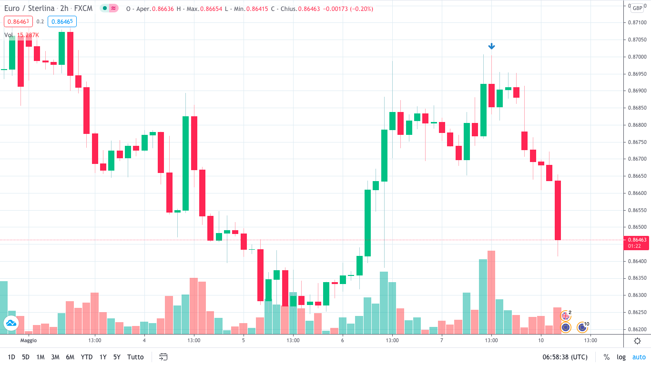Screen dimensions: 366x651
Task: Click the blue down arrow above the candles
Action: [x=491, y=46]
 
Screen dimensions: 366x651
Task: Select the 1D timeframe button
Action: [x=11, y=357]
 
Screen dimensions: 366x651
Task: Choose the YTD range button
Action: [x=87, y=357]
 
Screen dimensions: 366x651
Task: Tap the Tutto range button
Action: [x=135, y=357]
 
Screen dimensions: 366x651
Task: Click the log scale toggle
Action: [x=621, y=357]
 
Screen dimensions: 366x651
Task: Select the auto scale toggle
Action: [x=639, y=357]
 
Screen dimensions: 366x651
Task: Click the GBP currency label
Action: [x=637, y=8]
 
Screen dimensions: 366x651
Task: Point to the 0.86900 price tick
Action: [x=637, y=91]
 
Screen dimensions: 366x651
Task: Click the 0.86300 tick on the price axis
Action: [x=637, y=295]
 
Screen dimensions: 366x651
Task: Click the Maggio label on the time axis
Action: [x=29, y=341]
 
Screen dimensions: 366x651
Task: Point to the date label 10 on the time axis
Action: [x=541, y=341]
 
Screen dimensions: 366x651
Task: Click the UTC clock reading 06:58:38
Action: [x=565, y=357]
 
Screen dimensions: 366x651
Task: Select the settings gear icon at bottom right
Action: [x=637, y=341]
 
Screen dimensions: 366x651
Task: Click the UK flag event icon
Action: [x=566, y=315]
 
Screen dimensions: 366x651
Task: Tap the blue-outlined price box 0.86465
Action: [x=62, y=21]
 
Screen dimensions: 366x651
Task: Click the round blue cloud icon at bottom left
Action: [x=10, y=323]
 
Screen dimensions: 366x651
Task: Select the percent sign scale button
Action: [x=607, y=357]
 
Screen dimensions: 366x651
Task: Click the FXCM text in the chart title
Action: [x=84, y=9]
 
